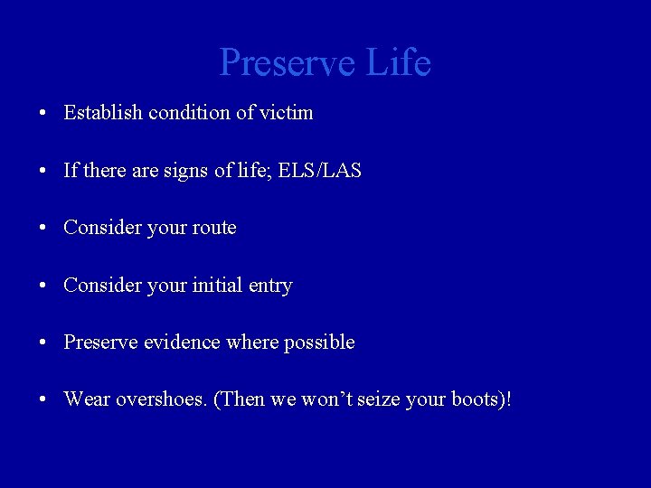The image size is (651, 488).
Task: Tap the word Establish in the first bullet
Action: click(x=103, y=113)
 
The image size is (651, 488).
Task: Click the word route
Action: click(x=215, y=228)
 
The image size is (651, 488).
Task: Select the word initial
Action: click(x=217, y=286)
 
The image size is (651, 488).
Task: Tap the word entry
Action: click(x=269, y=286)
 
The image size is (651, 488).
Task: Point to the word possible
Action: click(x=319, y=343)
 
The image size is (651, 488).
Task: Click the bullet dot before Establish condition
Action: click(x=42, y=114)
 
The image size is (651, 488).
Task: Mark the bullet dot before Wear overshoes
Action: click(x=42, y=400)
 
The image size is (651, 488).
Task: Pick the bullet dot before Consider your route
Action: click(x=42, y=229)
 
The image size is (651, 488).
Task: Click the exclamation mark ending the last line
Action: click(x=507, y=399)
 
